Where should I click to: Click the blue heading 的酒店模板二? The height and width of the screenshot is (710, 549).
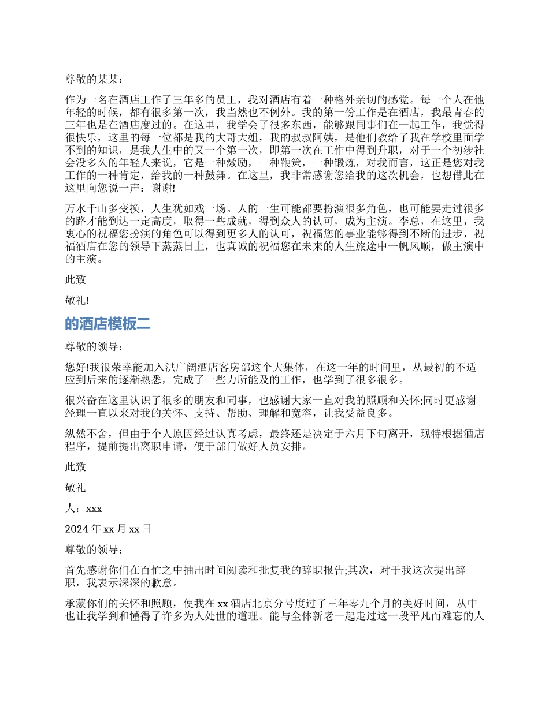click(108, 324)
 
